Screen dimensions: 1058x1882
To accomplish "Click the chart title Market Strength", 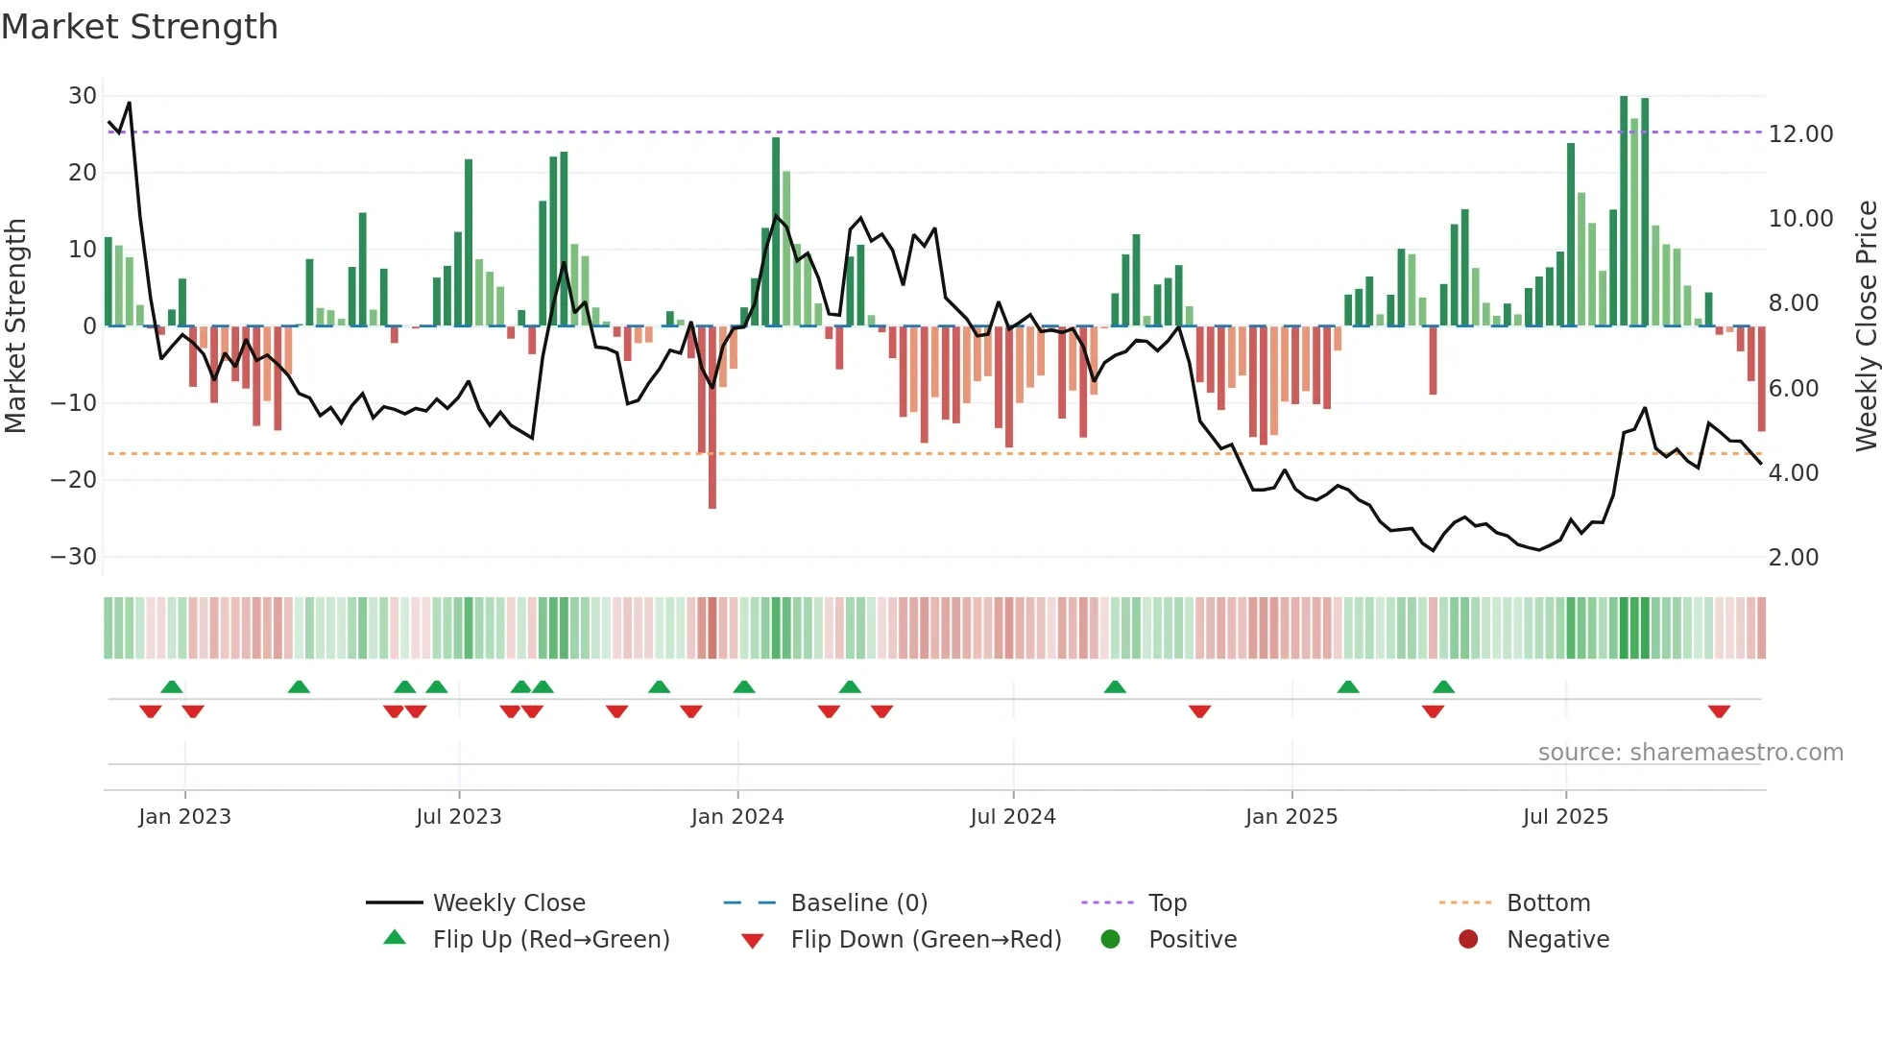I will pyautogui.click(x=139, y=27).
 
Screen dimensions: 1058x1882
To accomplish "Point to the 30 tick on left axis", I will pyautogui.click(x=83, y=96).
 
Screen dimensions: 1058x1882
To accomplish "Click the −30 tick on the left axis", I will pyautogui.click(x=75, y=557).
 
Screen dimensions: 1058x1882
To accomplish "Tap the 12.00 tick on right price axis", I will pyautogui.click(x=1800, y=134).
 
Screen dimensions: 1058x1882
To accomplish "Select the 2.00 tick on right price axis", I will pyautogui.click(x=1793, y=558).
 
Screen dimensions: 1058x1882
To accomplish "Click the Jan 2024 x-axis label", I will pyautogui.click(x=736, y=817).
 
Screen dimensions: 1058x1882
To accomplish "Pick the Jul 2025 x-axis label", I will pyautogui.click(x=1564, y=817).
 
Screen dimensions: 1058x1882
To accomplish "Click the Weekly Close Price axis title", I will pyautogui.click(x=1866, y=326).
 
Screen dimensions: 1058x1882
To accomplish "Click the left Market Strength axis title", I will pyautogui.click(x=16, y=326).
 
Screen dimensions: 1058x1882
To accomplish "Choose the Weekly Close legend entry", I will pyautogui.click(x=508, y=903).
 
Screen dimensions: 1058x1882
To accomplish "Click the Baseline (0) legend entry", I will pyautogui.click(x=858, y=903).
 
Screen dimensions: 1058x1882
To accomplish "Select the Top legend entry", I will pyautogui.click(x=1167, y=903).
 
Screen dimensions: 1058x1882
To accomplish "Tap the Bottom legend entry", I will pyautogui.click(x=1548, y=903).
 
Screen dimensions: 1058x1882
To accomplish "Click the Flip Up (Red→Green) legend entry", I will pyautogui.click(x=550, y=940).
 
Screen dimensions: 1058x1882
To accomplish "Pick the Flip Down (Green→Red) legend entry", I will pyautogui.click(x=925, y=940).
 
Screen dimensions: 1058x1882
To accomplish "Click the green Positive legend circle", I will pyautogui.click(x=1110, y=940).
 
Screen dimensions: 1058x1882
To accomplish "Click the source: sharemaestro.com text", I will pyautogui.click(x=1690, y=753).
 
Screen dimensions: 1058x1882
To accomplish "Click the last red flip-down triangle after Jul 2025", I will pyautogui.click(x=1719, y=711).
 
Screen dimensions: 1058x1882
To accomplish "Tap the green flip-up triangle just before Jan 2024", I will pyautogui.click(x=744, y=686).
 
